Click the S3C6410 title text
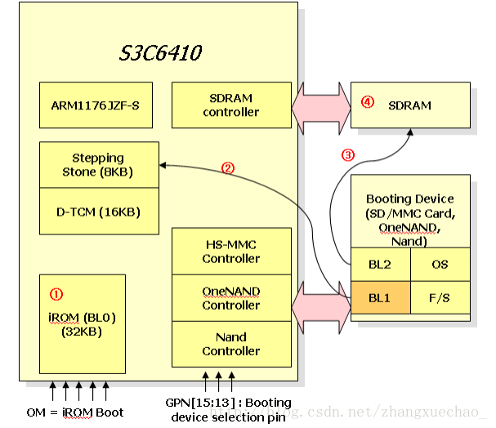point(160,53)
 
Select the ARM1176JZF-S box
point(96,105)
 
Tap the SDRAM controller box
point(231,105)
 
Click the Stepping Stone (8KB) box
point(99,165)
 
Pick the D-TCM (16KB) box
point(99,212)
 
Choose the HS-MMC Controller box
point(231,252)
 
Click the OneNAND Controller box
point(231,298)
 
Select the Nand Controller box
point(231,344)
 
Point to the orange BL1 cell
point(381,297)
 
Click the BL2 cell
point(381,265)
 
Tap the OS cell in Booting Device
point(440,265)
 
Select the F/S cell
point(440,297)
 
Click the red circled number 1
point(56,294)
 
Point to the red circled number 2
point(228,168)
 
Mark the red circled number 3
point(348,155)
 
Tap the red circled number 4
point(368,102)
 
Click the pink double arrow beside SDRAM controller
point(321,108)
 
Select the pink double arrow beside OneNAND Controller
point(321,307)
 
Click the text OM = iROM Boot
point(75,412)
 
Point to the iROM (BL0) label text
point(82,318)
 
